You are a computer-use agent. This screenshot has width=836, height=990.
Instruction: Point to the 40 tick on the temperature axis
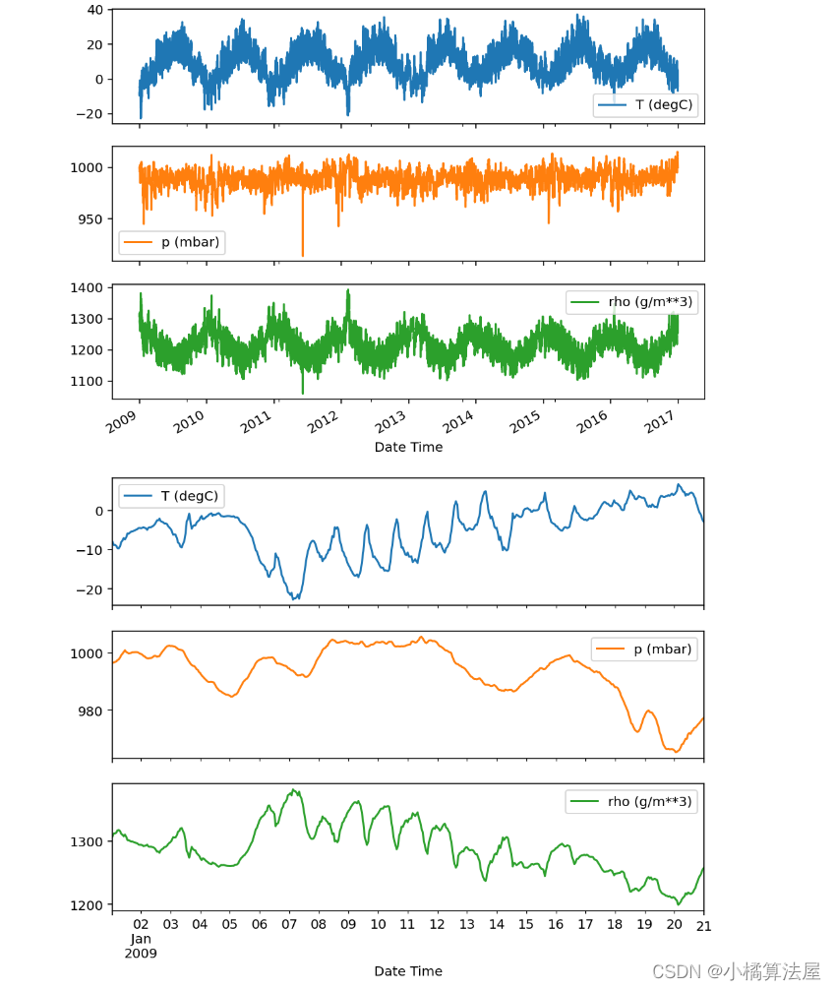point(94,10)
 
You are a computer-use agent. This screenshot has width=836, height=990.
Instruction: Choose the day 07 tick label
point(289,925)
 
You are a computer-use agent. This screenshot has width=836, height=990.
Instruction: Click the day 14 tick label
point(497,925)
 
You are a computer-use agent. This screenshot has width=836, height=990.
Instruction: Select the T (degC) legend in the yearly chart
point(645,105)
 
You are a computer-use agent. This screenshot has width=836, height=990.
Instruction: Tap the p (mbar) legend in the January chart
point(644,650)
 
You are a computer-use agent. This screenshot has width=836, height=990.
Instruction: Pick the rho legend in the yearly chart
point(632,302)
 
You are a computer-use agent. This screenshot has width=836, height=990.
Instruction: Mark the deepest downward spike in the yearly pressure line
point(302,255)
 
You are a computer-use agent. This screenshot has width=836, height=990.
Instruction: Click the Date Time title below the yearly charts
point(408,447)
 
